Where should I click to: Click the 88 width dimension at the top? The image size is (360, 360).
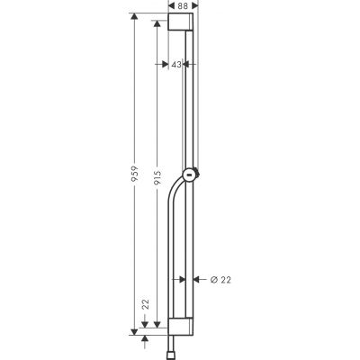(x=183, y=6)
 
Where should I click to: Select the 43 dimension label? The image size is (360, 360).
(x=176, y=64)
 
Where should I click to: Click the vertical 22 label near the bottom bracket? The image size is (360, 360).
(x=145, y=306)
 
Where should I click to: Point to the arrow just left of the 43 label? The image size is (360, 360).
(x=165, y=64)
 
